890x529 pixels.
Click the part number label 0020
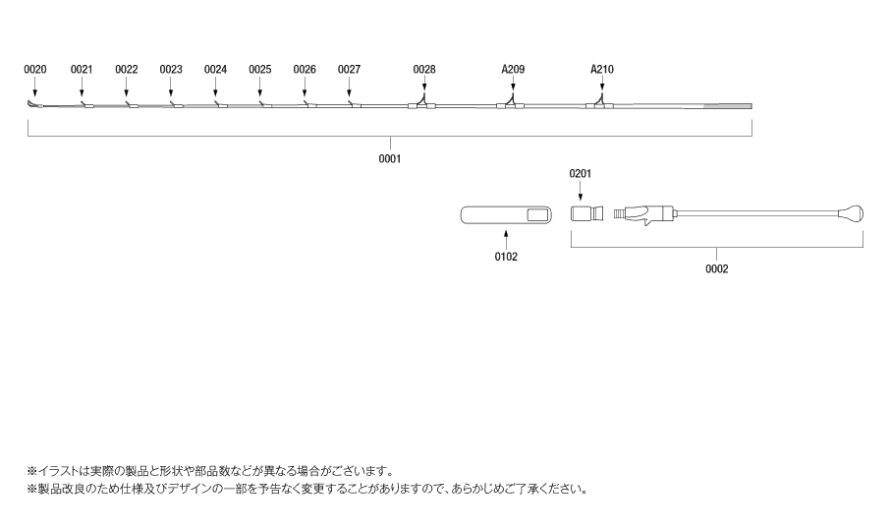pos(35,70)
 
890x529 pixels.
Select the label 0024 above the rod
pos(216,70)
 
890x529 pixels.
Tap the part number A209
pos(513,70)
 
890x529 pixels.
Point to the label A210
pos(602,70)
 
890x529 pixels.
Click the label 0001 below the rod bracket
pos(390,159)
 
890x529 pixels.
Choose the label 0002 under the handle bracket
pos(717,269)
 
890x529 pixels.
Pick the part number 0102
pos(506,257)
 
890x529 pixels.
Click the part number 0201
pos(581,174)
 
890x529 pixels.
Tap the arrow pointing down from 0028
pos(424,85)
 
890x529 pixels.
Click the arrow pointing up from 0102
pos(506,238)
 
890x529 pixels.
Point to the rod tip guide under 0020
pos(33,103)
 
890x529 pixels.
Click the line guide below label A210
pos(600,102)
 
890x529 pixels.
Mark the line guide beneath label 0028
pos(421,102)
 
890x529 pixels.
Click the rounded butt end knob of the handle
pos(852,214)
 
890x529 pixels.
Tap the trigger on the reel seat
pos(646,222)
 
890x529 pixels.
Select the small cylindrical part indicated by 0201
pos(586,214)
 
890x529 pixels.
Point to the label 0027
pos(349,70)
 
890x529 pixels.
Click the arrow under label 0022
pos(126,87)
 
